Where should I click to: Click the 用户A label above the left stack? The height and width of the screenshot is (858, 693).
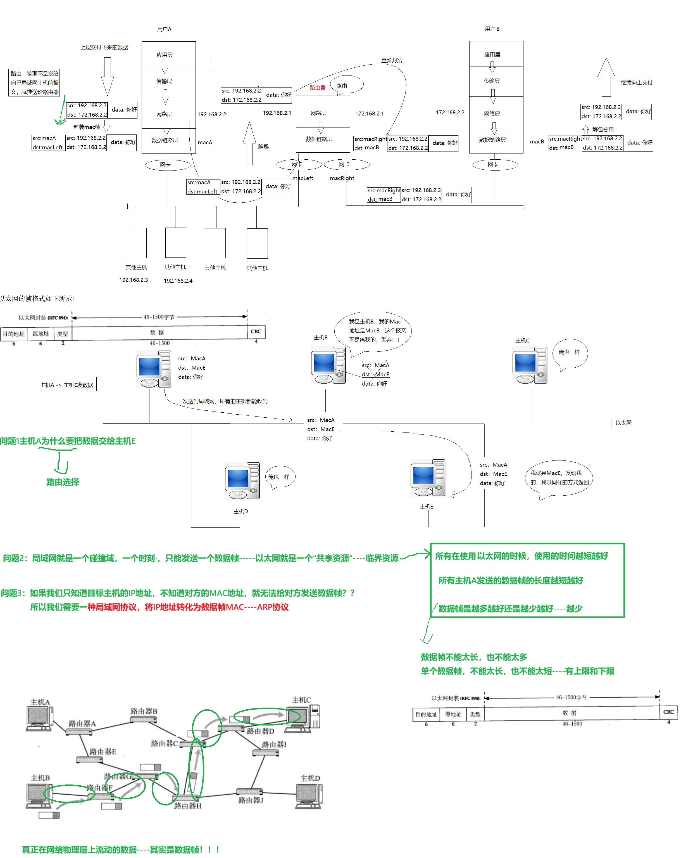(164, 29)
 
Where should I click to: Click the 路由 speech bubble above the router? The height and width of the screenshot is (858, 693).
(346, 85)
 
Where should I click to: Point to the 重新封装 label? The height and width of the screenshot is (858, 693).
(392, 60)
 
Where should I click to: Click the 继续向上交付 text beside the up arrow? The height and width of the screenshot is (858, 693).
(636, 82)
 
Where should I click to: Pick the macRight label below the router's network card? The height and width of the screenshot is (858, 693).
(342, 178)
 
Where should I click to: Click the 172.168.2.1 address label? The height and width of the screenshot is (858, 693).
(369, 114)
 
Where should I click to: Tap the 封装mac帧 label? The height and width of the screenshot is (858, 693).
(87, 127)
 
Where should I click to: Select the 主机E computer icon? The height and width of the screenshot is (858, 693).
(428, 478)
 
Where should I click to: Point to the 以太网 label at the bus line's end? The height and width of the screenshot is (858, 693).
(623, 423)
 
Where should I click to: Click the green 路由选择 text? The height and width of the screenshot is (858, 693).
(63, 482)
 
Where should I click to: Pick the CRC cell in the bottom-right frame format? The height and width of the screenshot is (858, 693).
(668, 712)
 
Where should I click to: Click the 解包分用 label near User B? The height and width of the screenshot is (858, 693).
(602, 129)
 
